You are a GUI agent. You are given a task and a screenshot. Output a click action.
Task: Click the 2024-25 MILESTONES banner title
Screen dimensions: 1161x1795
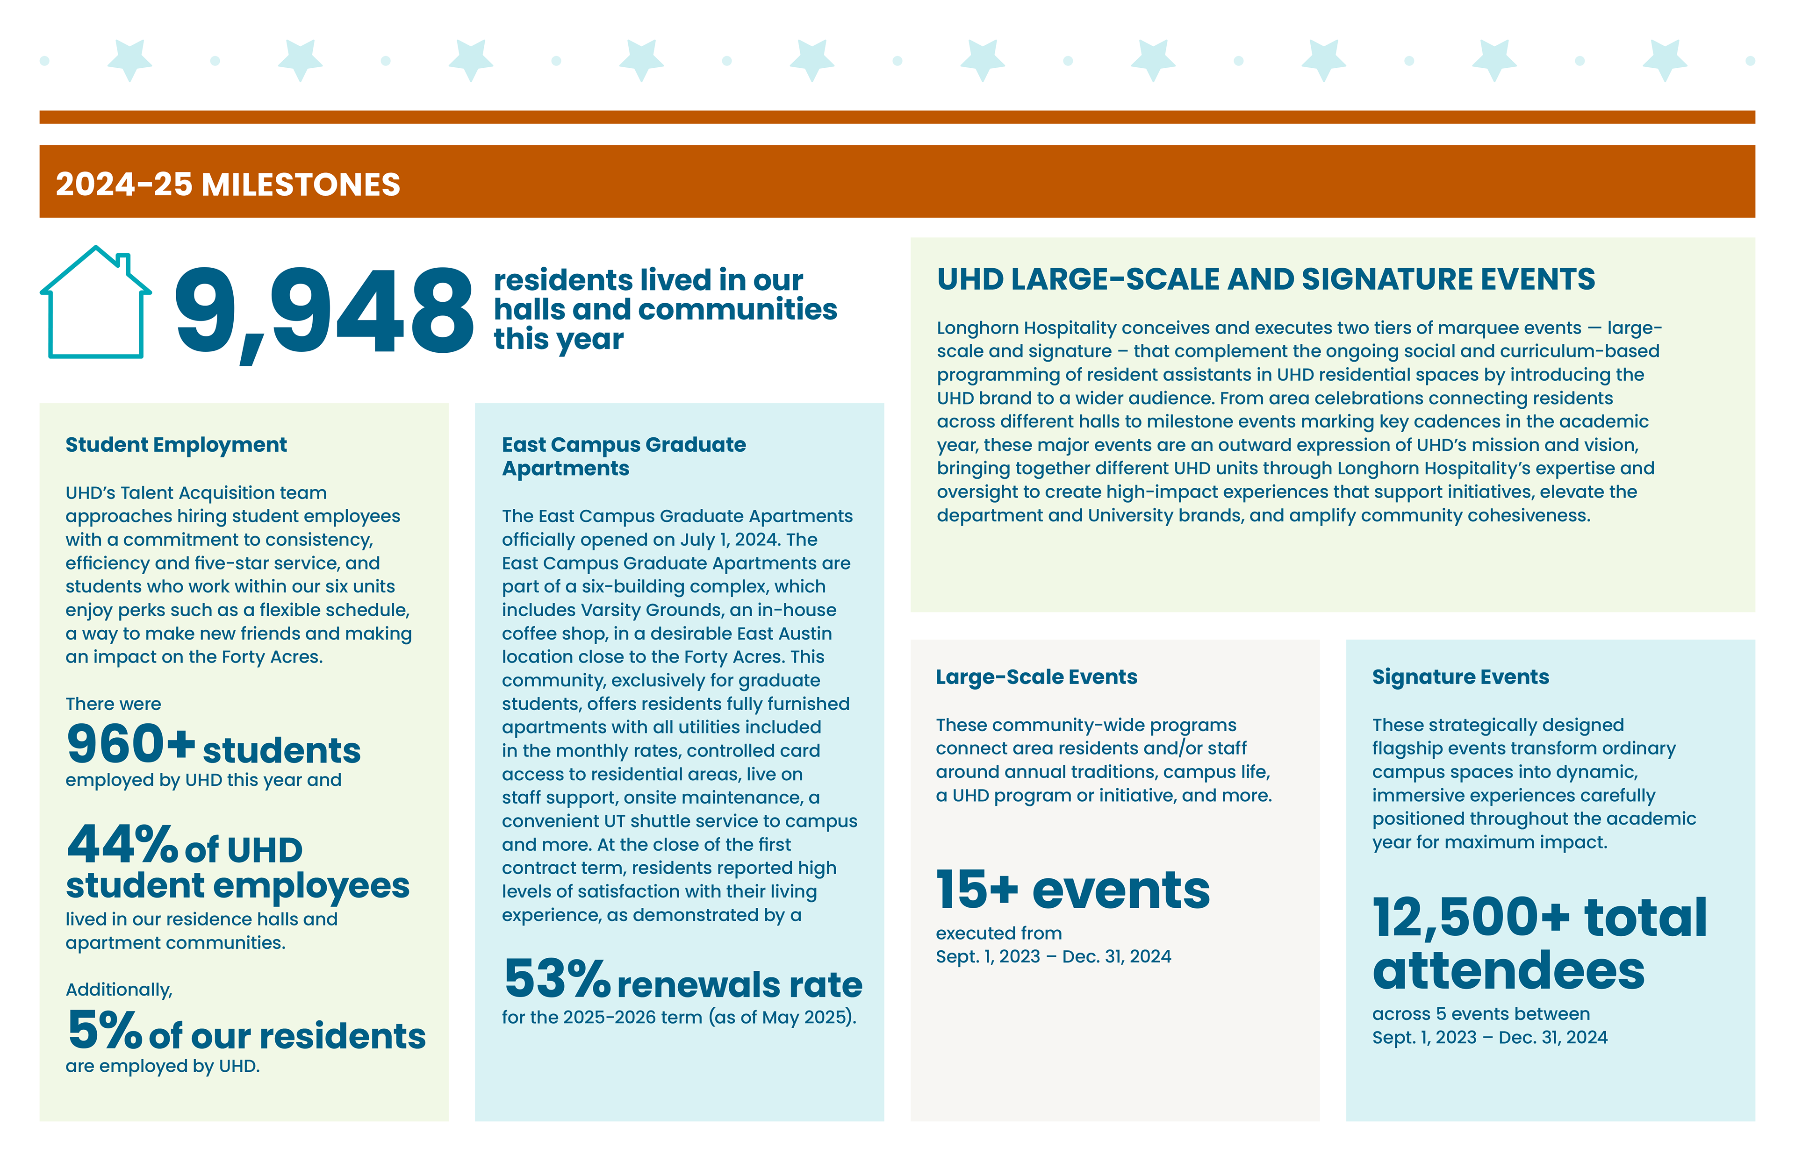(228, 185)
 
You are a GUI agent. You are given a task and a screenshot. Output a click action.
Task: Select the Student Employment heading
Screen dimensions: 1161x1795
(176, 445)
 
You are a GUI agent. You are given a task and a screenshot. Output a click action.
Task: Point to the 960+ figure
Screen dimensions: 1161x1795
(130, 744)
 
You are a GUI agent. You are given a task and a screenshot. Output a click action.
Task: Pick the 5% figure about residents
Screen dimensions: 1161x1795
(105, 1031)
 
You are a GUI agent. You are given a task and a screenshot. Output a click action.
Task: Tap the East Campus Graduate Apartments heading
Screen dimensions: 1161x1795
(623, 456)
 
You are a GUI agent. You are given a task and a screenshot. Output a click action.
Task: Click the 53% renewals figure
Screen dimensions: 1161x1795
(557, 980)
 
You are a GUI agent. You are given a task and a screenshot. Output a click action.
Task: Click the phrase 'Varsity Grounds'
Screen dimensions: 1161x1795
(644, 610)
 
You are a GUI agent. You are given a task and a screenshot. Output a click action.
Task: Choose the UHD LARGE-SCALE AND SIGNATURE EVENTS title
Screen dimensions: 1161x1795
(1265, 280)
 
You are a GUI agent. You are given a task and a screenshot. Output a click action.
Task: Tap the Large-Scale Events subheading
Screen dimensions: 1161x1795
(1036, 677)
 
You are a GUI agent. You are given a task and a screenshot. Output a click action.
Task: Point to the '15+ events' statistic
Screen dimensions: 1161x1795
(1072, 890)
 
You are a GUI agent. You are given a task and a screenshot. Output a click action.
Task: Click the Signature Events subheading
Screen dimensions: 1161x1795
(1460, 677)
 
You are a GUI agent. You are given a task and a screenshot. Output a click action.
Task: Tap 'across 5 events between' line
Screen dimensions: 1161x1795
(1480, 1014)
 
